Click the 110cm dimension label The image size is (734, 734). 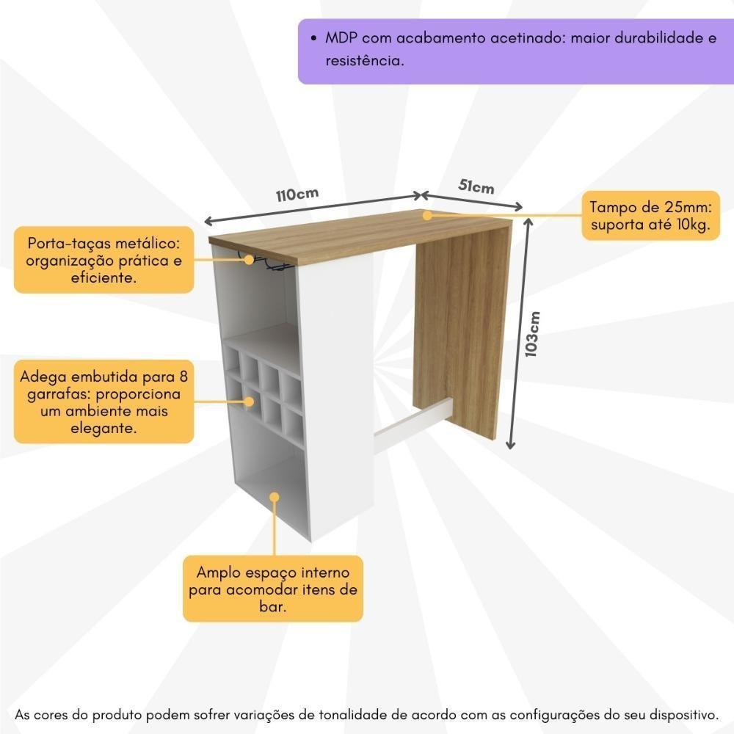297,196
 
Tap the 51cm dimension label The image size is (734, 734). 476,186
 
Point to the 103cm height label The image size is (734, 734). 534,334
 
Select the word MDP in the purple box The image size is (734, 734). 341,37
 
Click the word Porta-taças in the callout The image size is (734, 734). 62,243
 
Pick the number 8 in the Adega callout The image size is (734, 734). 183,377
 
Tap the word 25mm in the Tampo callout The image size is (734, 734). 662,208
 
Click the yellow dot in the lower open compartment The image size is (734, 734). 275,497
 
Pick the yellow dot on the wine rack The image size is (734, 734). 250,401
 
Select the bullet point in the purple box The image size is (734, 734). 314,38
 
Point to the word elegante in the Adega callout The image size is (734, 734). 103,428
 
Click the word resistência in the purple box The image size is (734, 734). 365,61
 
